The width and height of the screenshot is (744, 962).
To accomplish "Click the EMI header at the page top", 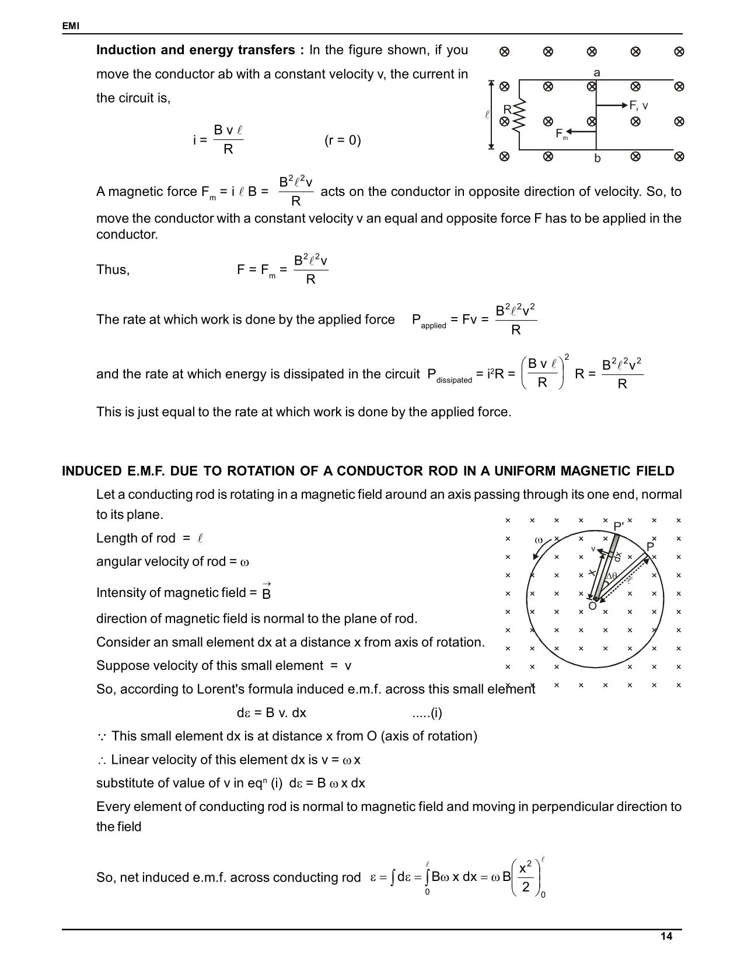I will [x=71, y=26].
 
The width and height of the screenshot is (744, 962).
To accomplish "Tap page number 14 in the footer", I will [x=666, y=936].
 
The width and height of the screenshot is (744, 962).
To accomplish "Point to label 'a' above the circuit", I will [x=596, y=73].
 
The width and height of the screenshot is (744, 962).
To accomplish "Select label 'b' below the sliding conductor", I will [x=597, y=159].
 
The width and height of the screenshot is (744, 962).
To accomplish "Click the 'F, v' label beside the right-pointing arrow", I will [x=638, y=106].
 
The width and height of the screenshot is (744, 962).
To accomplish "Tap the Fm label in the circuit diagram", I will [x=561, y=134].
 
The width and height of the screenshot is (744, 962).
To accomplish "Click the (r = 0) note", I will [x=343, y=141].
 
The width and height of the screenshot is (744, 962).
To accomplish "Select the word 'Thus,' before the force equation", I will [x=113, y=269].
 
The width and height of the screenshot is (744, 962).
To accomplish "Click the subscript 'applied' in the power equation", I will [x=433, y=326].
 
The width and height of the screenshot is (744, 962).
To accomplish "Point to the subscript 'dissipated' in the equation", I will [x=454, y=380].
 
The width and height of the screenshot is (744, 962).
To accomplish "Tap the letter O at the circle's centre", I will [x=592, y=606].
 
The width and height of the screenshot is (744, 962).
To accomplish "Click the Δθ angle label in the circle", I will [x=611, y=576].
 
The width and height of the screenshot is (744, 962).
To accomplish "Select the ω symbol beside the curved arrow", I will [x=539, y=540].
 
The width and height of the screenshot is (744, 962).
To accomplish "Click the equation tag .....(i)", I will [x=427, y=712].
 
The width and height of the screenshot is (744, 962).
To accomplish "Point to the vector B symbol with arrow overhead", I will [x=266, y=592].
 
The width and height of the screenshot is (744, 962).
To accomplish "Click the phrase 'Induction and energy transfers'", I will [x=195, y=50].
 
